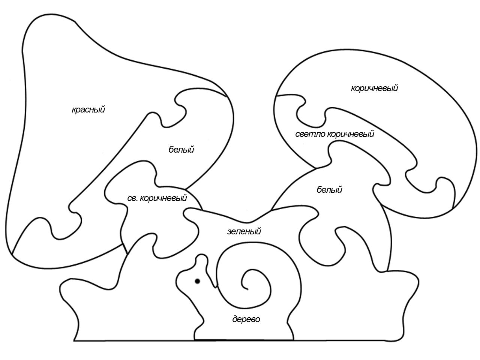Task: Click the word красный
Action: click(88, 109)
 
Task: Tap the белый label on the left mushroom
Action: click(181, 150)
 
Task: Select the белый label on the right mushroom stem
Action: click(329, 189)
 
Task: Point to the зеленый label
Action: click(244, 231)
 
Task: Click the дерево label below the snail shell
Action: click(246, 319)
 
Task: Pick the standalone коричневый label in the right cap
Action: click(374, 88)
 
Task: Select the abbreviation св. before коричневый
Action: click(132, 198)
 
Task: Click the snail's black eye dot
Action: click(198, 281)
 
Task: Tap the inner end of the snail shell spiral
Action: click(247, 289)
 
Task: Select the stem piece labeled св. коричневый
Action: click(153, 210)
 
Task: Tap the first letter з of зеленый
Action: click(229, 232)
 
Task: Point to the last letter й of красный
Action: click(102, 109)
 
